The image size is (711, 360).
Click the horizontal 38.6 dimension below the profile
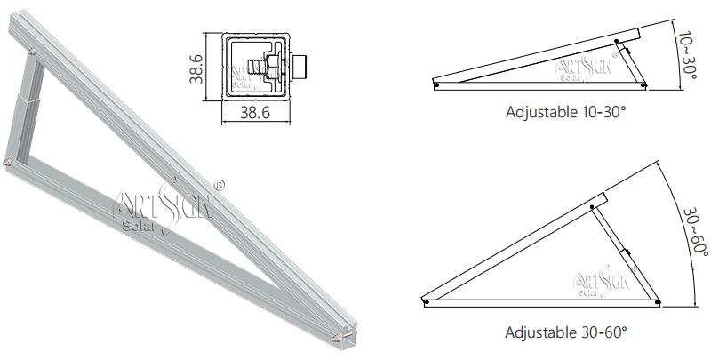coord(255,113)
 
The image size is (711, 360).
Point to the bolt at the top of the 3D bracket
coord(33,53)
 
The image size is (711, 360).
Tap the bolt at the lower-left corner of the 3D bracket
coord(8,162)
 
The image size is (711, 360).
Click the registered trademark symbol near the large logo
coord(220,185)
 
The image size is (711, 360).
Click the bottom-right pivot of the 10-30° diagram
coord(643,86)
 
